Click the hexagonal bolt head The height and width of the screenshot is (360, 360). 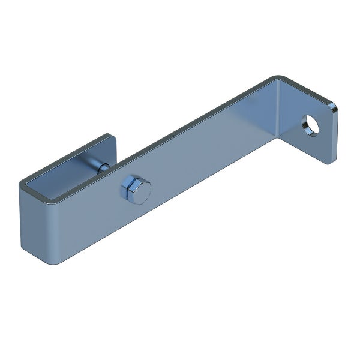[136, 190]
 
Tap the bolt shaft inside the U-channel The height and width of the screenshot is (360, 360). [100, 166]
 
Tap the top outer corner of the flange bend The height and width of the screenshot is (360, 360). [277, 78]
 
